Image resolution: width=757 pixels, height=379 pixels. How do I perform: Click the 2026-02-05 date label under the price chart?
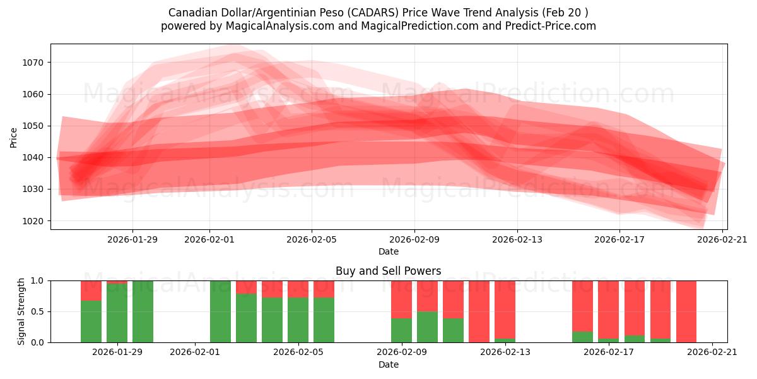[312, 239]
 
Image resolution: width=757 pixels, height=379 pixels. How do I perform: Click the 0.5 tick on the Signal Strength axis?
[37, 311]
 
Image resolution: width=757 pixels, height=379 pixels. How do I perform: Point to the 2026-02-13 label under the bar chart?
[505, 352]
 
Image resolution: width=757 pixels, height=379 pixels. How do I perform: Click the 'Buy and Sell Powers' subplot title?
[388, 271]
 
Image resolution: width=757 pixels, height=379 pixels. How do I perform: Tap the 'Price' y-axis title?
[14, 137]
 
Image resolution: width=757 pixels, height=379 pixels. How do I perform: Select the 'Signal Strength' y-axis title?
[21, 311]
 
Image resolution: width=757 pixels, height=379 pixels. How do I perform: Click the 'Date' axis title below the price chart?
[388, 251]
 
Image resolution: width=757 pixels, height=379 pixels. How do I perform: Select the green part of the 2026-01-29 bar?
[117, 313]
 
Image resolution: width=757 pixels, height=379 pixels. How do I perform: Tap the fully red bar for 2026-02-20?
[686, 311]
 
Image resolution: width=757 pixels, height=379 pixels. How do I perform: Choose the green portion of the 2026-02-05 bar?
[298, 320]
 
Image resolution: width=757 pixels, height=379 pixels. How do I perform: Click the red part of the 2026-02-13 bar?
[505, 309]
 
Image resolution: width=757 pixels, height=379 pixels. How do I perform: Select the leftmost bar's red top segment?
[91, 290]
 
